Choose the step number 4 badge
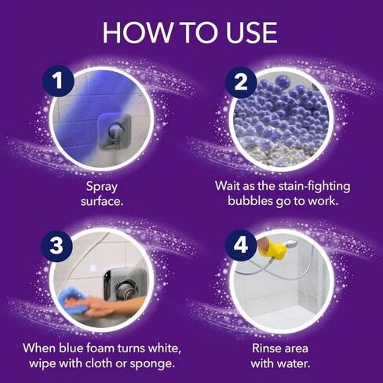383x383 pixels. [240, 245]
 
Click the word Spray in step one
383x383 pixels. [104, 187]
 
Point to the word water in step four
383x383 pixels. [297, 363]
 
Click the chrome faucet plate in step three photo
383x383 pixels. [124, 284]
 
